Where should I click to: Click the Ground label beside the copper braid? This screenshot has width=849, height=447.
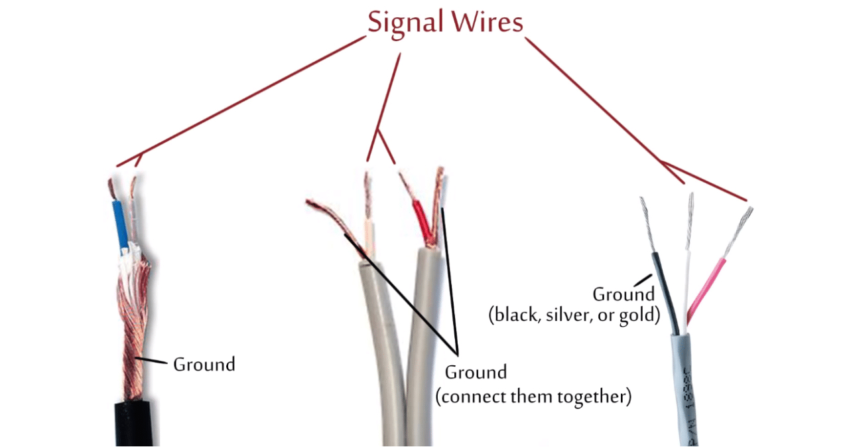204,365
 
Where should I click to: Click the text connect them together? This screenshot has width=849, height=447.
533,397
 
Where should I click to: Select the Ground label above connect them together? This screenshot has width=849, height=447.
475,372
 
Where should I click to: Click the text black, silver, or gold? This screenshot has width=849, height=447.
574,315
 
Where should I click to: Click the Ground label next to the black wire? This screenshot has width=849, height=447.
623,294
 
